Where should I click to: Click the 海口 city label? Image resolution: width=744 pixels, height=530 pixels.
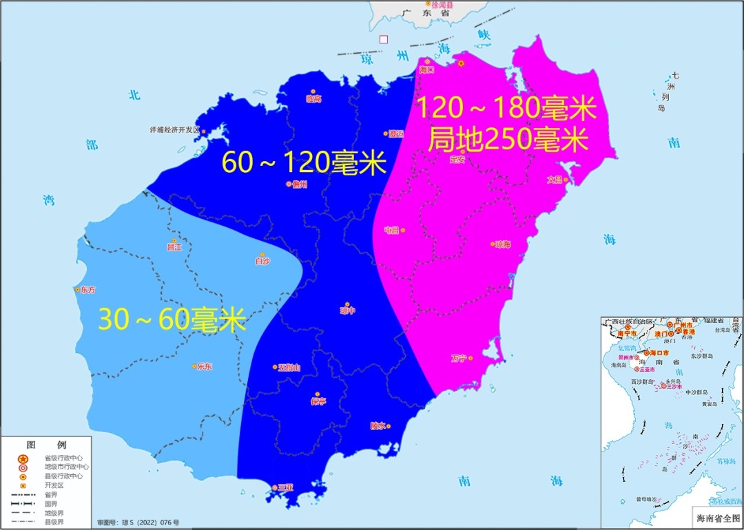tap(427, 70)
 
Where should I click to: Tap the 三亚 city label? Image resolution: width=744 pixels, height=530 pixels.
tap(285, 487)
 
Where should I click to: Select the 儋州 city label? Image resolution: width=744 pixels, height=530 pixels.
tap(299, 184)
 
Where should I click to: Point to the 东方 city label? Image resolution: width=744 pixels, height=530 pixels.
tap(88, 290)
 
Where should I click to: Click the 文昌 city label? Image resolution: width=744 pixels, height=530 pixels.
tap(555, 180)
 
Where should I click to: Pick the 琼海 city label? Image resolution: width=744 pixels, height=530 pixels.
tap(502, 244)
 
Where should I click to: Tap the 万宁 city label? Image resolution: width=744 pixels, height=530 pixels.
tap(459, 359)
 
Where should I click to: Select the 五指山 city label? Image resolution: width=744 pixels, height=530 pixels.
tap(289, 368)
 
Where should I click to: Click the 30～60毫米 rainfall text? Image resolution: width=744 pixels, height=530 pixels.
tap(172, 320)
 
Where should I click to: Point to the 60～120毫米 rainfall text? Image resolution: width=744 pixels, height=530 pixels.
tap(304, 163)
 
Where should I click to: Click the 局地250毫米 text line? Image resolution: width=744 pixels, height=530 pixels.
tap(508, 140)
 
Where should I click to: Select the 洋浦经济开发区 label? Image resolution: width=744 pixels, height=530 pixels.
tap(174, 129)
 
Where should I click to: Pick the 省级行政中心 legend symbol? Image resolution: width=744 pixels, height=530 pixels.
tap(23, 458)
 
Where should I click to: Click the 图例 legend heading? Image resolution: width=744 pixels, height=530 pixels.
tap(46, 445)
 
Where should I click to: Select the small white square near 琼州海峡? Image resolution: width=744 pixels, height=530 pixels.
tap(384, 39)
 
